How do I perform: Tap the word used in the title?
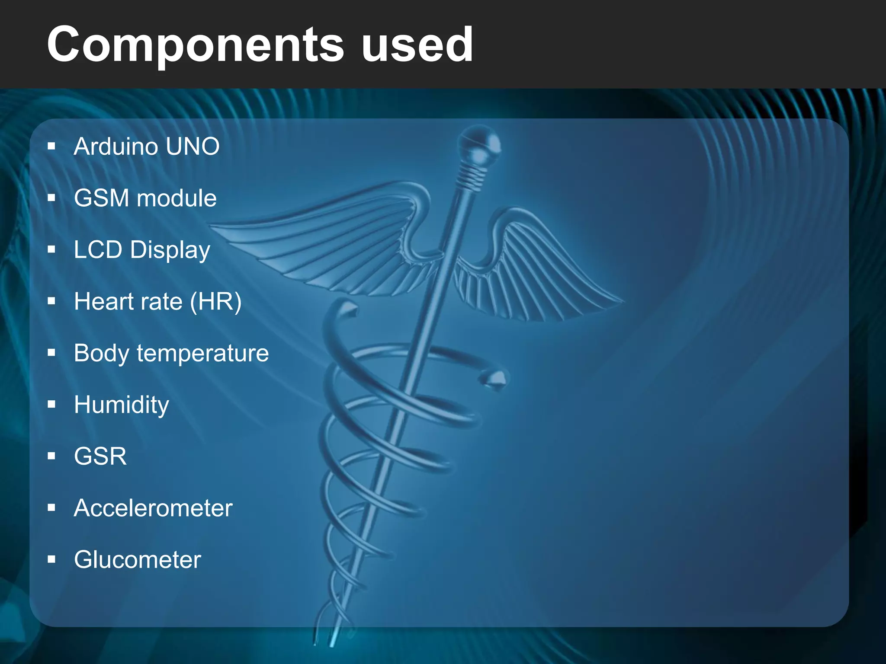[x=417, y=44]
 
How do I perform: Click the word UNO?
[x=193, y=147]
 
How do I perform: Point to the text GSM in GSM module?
[x=101, y=198]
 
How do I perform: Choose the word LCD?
[x=98, y=250]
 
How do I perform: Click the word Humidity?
[x=121, y=405]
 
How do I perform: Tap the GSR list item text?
[x=100, y=456]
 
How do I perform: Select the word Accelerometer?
[x=153, y=508]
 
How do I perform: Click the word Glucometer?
[x=137, y=560]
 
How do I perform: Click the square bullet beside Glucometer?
[x=52, y=560]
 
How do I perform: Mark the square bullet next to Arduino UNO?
[x=52, y=147]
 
